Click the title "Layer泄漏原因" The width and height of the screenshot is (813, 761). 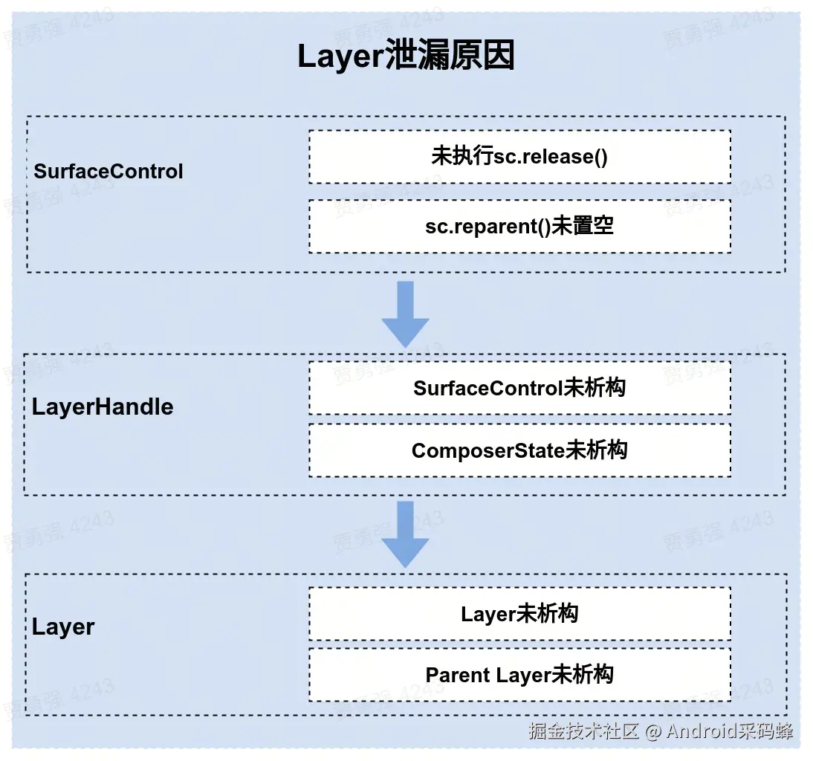406,56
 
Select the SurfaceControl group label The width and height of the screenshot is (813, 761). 108,172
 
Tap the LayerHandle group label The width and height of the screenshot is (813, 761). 103,407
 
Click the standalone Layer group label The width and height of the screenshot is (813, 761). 63,626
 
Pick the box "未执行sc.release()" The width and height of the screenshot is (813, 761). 519,157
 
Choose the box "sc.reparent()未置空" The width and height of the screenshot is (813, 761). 519,226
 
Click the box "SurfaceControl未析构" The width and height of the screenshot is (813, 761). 519,388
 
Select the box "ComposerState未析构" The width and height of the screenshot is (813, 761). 519,450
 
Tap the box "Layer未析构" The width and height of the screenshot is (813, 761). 519,614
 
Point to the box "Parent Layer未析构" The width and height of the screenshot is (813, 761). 519,675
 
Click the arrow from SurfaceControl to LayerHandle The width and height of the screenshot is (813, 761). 405,313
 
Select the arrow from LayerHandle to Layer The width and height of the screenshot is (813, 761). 405,534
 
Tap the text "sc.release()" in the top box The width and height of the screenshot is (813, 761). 551,157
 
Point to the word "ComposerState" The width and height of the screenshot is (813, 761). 488,450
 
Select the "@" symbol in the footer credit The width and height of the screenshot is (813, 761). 653,731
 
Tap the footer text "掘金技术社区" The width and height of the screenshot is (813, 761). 584,731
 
